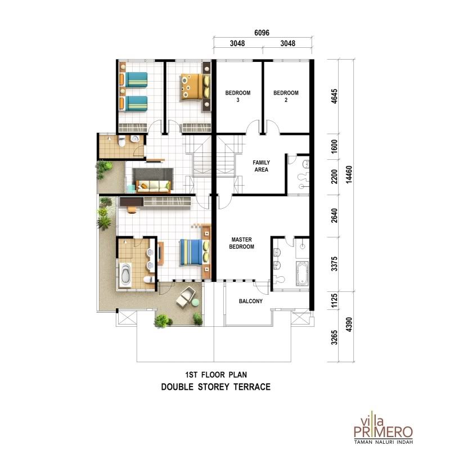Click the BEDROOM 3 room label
coord(237,96)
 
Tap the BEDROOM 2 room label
coord(286,96)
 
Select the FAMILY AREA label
coord(261,166)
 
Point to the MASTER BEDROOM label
coord(242,243)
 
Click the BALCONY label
coord(250,301)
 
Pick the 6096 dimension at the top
coord(262,33)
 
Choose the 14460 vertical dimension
coord(349,175)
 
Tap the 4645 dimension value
coord(334,96)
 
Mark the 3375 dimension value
coord(334,264)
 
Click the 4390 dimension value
coord(349,325)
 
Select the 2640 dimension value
coord(334,215)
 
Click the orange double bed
coord(195,87)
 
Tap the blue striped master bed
coord(195,253)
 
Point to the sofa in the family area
coord(154,186)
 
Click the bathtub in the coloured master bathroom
coord(126,274)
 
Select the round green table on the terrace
coord(195,302)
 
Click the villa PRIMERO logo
coord(383,427)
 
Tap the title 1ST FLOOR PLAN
coord(216,375)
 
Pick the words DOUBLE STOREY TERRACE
coord(216,387)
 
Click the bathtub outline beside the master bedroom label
coord(301,273)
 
